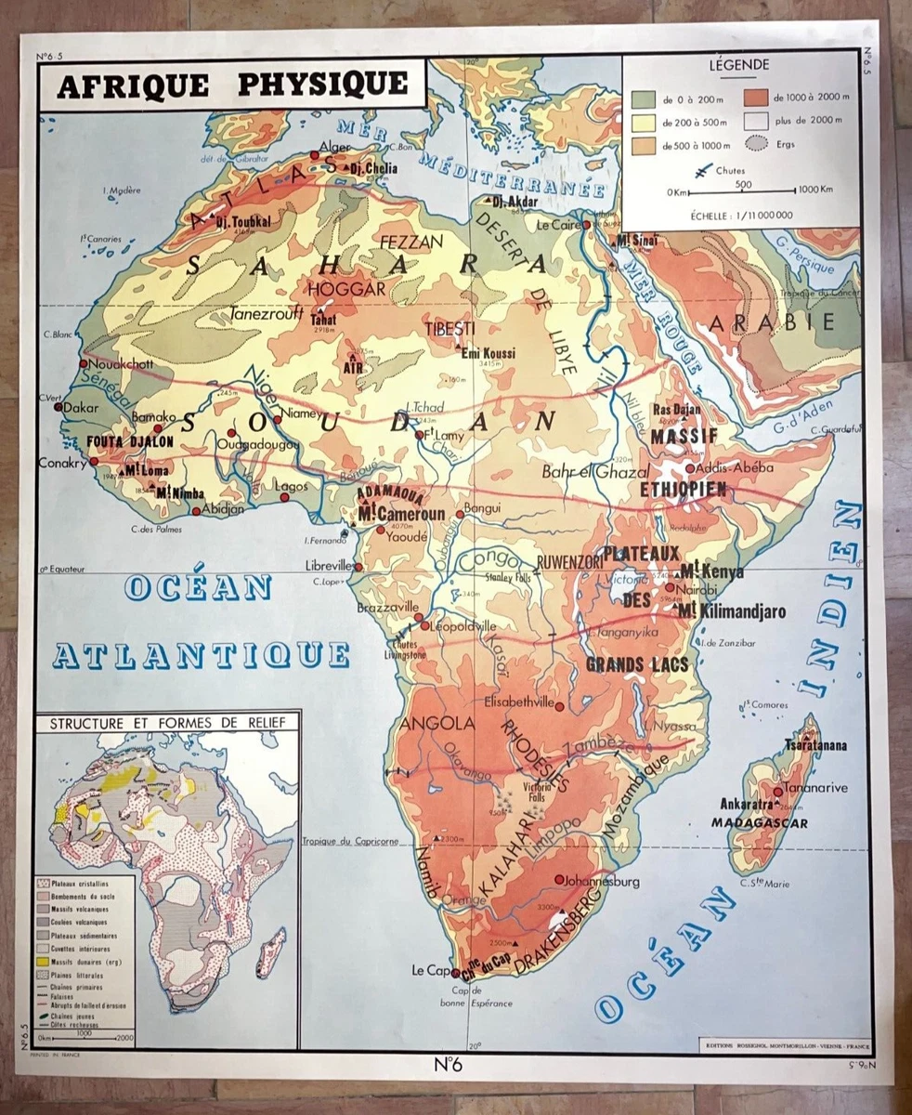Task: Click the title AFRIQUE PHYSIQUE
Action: [232, 85]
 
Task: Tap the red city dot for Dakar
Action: [59, 406]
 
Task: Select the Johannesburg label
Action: [603, 880]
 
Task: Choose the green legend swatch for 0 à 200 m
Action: [642, 98]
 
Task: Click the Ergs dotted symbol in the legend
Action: [759, 144]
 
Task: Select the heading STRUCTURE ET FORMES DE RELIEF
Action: [174, 722]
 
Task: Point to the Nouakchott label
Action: [122, 364]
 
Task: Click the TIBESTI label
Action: [449, 330]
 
